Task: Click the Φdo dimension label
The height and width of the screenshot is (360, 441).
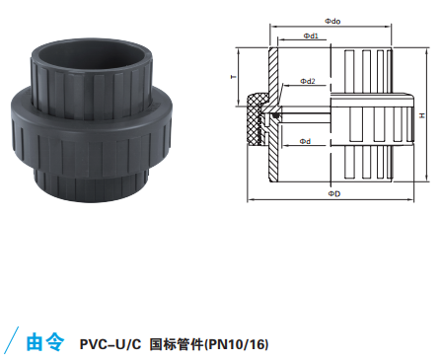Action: [332, 22]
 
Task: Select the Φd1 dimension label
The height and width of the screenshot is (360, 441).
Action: [311, 36]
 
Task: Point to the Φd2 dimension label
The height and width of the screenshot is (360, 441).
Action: [308, 81]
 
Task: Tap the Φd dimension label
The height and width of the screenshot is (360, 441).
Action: [305, 141]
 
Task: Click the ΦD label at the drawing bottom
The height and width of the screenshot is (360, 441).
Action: [334, 194]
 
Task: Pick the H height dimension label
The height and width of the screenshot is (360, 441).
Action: [422, 115]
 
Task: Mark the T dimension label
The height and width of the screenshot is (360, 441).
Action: [234, 77]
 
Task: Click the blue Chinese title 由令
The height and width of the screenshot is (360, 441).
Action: [45, 342]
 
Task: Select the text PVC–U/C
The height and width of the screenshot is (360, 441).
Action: [110, 344]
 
